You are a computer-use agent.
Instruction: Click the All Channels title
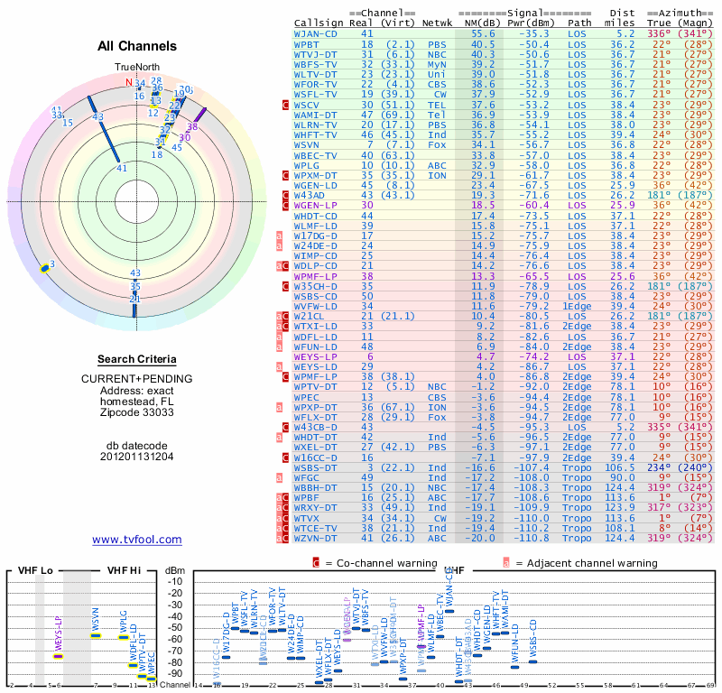[137, 46]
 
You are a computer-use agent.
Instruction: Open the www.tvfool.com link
[136, 540]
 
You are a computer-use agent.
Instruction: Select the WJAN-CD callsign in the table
[316, 33]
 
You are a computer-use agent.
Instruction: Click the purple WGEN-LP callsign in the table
[316, 206]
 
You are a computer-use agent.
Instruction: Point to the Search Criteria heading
[136, 359]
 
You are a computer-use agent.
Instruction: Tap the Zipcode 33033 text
[136, 412]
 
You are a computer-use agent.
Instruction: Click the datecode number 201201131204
[136, 456]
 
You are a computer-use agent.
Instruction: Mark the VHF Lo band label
[35, 570]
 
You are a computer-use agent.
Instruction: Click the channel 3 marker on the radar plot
[51, 264]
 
